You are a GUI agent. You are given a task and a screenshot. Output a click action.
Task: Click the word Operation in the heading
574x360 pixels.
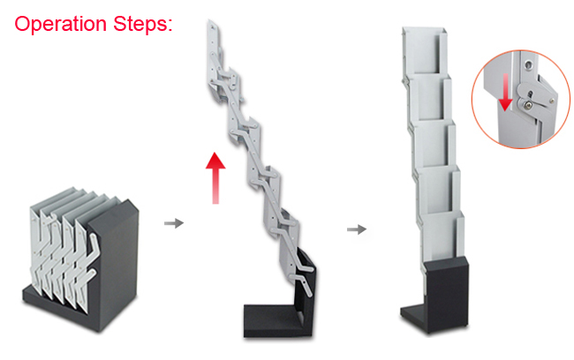pyautogui.click(x=60, y=24)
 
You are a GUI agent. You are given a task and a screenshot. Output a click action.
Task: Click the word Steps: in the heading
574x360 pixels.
pyautogui.click(x=143, y=24)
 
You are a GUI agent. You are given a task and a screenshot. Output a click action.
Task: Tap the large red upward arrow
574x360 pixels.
pyautogui.click(x=215, y=177)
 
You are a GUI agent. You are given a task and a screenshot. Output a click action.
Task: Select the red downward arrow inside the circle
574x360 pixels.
pyautogui.click(x=505, y=92)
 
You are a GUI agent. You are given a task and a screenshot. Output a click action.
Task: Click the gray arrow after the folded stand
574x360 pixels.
pyautogui.click(x=174, y=223)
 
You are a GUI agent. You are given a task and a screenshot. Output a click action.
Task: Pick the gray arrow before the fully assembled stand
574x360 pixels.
pyautogui.click(x=357, y=229)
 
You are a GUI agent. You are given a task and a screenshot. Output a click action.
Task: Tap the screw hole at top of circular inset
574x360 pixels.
pyautogui.click(x=527, y=65)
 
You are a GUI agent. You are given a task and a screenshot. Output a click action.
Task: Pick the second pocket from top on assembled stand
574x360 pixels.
pyautogui.click(x=429, y=99)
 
